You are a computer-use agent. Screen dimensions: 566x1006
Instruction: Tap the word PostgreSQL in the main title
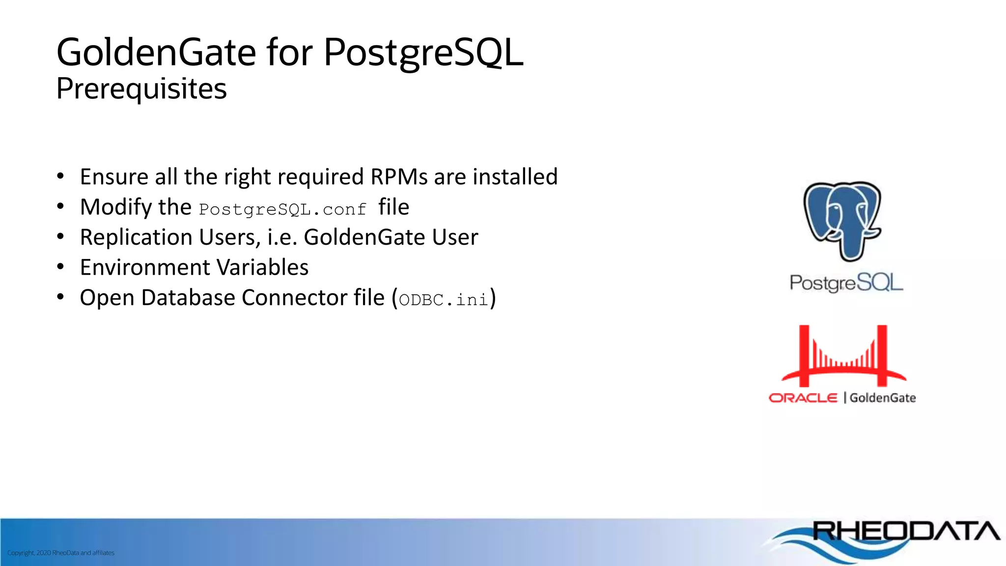(423, 53)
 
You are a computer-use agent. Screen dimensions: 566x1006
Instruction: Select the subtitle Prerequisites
(141, 89)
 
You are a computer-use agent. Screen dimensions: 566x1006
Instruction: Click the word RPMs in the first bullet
(399, 177)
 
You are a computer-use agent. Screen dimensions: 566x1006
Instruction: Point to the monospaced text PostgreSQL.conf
(282, 210)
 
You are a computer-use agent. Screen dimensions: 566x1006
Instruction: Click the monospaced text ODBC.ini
(444, 300)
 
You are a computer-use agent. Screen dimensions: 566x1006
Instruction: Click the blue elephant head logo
(842, 220)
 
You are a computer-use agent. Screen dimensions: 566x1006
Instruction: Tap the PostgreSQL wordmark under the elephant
(846, 283)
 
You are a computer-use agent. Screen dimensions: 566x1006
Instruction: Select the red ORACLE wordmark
(803, 397)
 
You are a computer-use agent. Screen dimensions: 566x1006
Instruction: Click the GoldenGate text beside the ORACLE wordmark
(883, 397)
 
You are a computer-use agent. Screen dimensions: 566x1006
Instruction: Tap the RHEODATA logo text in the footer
(906, 531)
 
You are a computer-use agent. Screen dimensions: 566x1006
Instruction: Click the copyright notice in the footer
(61, 553)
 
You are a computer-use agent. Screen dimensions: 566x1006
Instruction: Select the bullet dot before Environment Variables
(60, 267)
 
